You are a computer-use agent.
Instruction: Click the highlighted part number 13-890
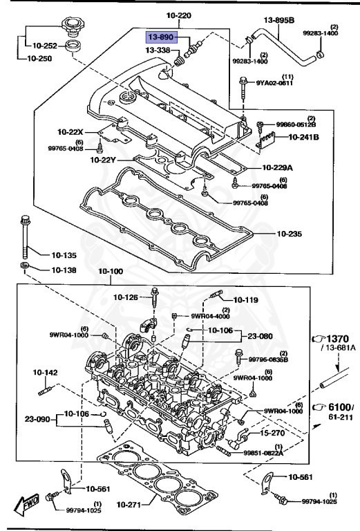[162, 36]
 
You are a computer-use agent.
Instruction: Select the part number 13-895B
[279, 21]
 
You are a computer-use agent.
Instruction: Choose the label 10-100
[110, 271]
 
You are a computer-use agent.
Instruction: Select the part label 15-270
[274, 433]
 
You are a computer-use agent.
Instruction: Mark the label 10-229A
[278, 167]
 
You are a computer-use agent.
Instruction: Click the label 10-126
[126, 297]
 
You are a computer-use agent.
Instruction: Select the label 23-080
[260, 336]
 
